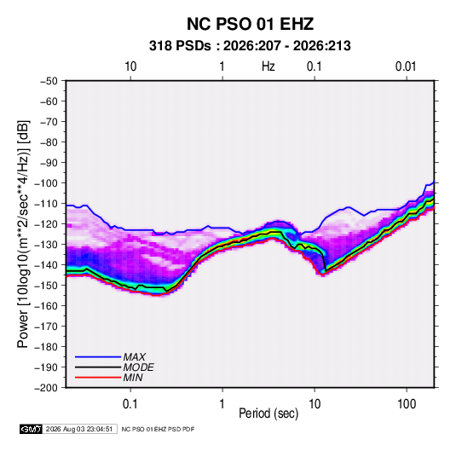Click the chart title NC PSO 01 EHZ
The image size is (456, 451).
(250, 24)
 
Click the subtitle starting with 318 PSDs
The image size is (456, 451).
(250, 46)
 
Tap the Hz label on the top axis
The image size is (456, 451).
(268, 66)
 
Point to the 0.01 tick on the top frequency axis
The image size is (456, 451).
(406, 66)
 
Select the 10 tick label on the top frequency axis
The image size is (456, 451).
(130, 66)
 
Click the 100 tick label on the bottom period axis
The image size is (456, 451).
(407, 404)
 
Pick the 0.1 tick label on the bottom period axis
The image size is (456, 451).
(130, 404)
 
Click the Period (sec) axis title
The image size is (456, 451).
(268, 413)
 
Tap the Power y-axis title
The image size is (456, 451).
(23, 234)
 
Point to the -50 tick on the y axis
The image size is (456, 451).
(49, 81)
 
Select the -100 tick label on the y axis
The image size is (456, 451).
(46, 183)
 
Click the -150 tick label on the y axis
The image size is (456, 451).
(46, 286)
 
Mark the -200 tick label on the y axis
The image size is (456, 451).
(46, 388)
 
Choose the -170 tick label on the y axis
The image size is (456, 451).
(46, 327)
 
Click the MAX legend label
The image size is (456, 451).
(134, 357)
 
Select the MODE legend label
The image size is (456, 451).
(138, 367)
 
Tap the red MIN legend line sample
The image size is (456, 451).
(98, 378)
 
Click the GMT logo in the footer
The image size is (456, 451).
(31, 429)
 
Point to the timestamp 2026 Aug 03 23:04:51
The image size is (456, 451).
(79, 429)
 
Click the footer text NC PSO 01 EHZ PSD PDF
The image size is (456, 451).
(158, 429)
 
